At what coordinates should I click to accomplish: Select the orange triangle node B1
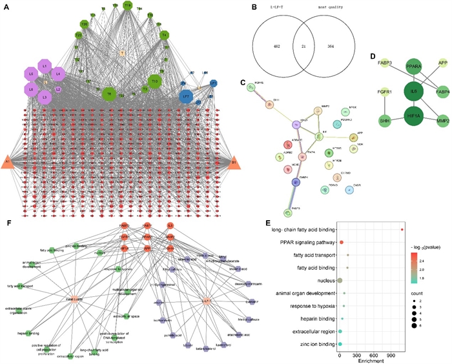(233, 161)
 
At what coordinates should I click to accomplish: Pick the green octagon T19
(127, 6)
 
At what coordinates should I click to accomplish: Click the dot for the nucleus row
(340, 280)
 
